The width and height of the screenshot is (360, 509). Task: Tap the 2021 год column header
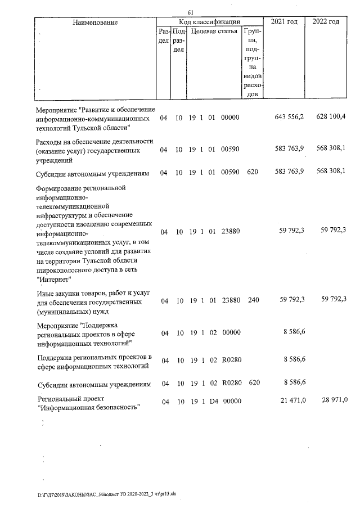[x=284, y=21]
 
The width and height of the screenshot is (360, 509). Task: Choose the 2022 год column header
[x=326, y=21]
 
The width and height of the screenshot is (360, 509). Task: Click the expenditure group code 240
[x=253, y=300]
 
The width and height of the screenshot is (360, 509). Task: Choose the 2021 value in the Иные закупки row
[x=292, y=300]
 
